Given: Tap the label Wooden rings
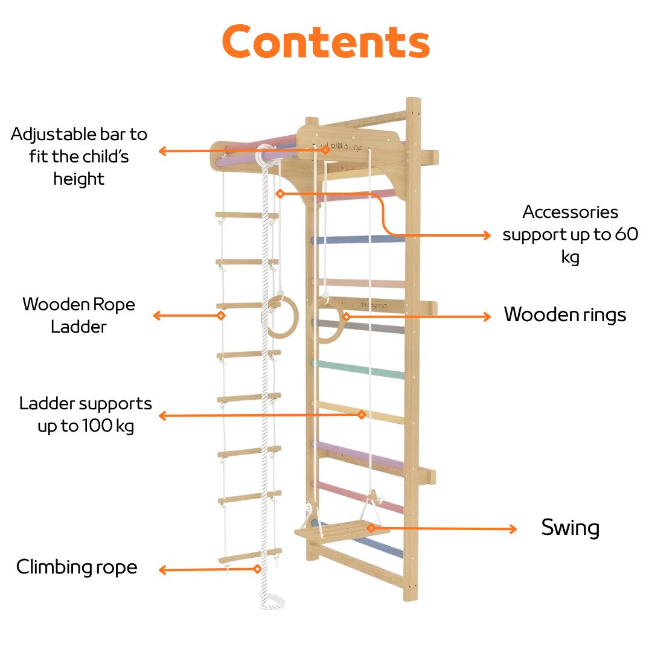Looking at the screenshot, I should pyautogui.click(x=564, y=315).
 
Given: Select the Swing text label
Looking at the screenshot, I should pyautogui.click(x=570, y=528).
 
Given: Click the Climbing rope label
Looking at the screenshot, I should pyautogui.click(x=77, y=567).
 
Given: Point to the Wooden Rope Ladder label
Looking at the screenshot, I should pyautogui.click(x=78, y=315).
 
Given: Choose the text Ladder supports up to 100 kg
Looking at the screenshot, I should pyautogui.click(x=86, y=414).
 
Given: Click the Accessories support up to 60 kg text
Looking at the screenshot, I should pyautogui.click(x=570, y=234).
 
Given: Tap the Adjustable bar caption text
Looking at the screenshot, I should pyautogui.click(x=79, y=156).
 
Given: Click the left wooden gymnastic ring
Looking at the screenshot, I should pyautogui.click(x=280, y=316).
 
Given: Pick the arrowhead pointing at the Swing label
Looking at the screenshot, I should pyautogui.click(x=514, y=529).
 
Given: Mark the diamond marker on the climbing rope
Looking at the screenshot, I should pyautogui.click(x=257, y=569).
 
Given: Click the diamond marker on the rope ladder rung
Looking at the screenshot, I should pyautogui.click(x=221, y=315).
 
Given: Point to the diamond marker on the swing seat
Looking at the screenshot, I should pyautogui.click(x=371, y=528).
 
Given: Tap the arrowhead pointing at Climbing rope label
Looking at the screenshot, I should pyautogui.click(x=162, y=570).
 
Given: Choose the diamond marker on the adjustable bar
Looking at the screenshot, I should pyautogui.click(x=325, y=150).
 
